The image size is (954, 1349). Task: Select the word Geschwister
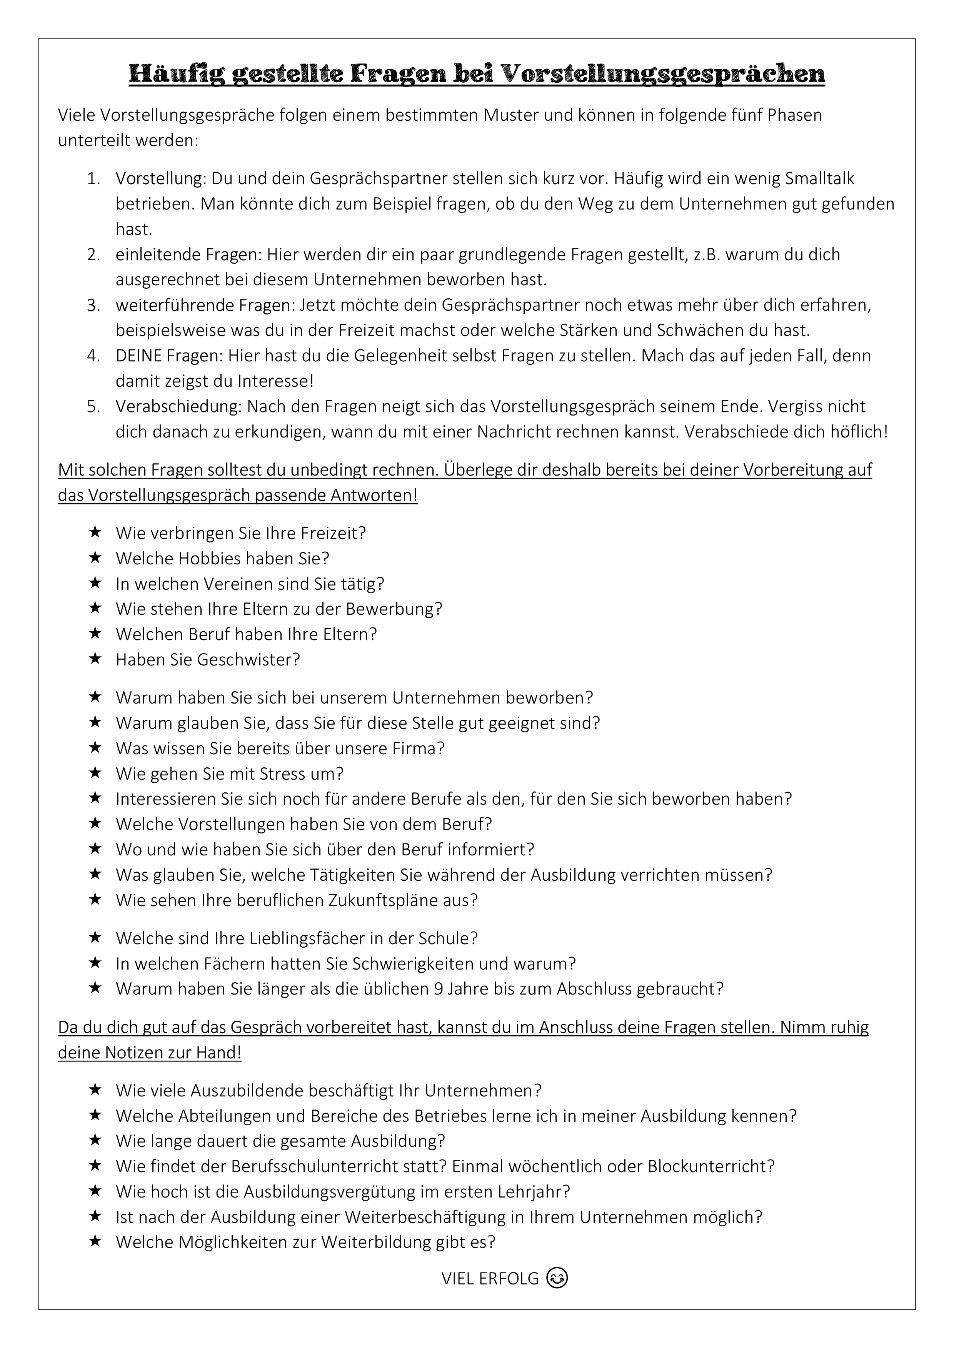(248, 660)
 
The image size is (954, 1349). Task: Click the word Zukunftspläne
(383, 900)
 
